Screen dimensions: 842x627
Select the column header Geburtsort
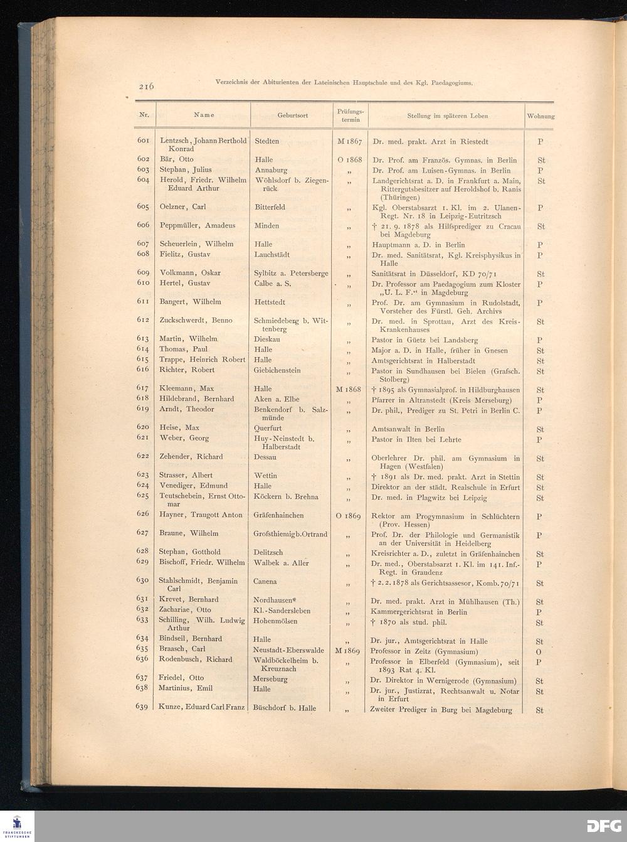click(x=292, y=115)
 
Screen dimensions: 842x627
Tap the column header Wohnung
click(x=540, y=116)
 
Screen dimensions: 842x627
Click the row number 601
click(x=143, y=141)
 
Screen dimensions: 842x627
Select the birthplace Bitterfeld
click(x=270, y=207)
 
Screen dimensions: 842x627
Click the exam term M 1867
click(x=349, y=141)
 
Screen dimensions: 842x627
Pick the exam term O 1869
click(x=349, y=516)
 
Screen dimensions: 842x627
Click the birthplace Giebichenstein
click(x=277, y=370)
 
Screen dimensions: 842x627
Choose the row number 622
click(x=143, y=456)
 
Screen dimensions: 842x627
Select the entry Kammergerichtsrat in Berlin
click(x=419, y=612)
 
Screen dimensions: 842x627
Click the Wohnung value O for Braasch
click(x=539, y=652)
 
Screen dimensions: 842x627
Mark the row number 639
click(x=142, y=706)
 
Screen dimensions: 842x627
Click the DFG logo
click(x=603, y=826)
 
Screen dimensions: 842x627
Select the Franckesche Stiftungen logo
click(x=17, y=826)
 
